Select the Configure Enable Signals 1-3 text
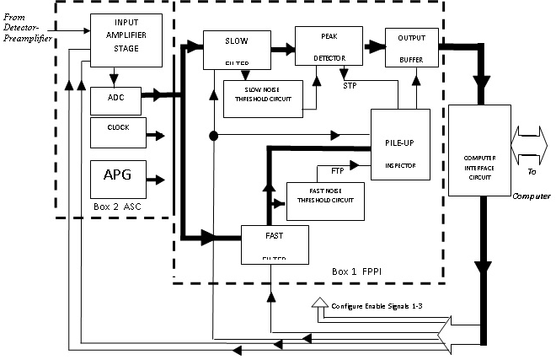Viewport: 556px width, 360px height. pyautogui.click(x=379, y=306)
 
